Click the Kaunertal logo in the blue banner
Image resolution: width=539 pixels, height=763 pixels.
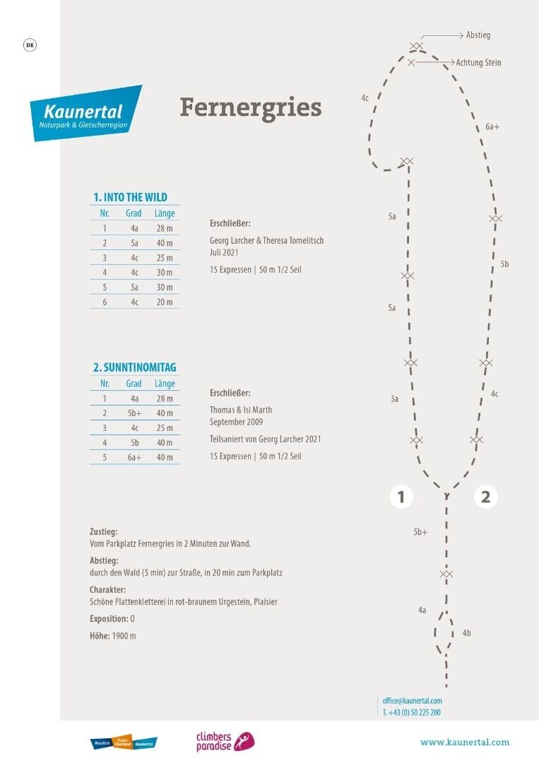(85, 113)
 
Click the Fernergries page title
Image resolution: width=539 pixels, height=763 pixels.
(250, 107)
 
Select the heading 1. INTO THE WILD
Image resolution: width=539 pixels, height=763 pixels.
(130, 197)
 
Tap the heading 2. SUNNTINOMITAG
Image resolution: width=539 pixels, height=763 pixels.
(134, 367)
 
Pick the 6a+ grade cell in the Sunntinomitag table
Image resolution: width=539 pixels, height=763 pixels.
(134, 457)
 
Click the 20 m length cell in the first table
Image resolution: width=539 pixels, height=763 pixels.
(165, 302)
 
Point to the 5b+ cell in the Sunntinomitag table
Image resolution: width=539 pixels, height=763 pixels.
(134, 413)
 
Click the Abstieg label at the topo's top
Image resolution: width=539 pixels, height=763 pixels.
(478, 35)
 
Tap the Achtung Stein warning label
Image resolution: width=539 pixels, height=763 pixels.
(478, 63)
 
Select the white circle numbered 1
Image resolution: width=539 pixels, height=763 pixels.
(401, 497)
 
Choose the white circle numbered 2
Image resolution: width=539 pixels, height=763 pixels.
(485, 497)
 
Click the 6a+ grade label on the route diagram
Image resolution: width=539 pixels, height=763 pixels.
(492, 127)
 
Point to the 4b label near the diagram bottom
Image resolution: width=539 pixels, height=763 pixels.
(466, 633)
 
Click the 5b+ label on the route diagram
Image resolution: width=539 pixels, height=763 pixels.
(420, 532)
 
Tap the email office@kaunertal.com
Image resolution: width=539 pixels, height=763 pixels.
(412, 701)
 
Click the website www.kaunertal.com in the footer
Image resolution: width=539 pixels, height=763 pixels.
(464, 743)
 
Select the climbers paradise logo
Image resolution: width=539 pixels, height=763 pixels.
(224, 741)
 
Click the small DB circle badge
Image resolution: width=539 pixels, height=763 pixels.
(30, 45)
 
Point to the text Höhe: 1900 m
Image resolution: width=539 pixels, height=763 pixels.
(113, 636)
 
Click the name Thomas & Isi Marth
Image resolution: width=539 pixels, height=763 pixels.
(241, 410)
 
